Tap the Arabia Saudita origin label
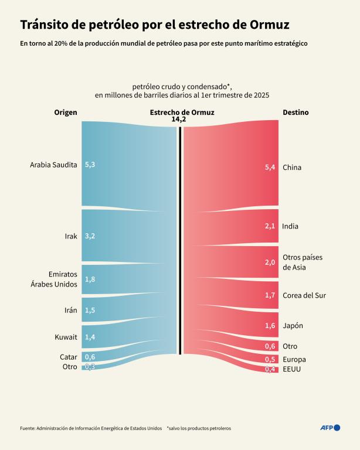[x=53, y=165]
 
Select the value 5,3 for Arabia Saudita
[x=90, y=165]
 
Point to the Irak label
[x=71, y=236]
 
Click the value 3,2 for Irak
[x=90, y=236]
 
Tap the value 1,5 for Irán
[x=90, y=310]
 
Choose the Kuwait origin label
[x=65, y=337]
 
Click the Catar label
[x=69, y=357]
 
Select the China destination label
[x=292, y=168]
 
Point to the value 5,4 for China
[x=270, y=168]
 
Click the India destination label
[x=291, y=226]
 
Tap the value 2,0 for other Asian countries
[x=270, y=262]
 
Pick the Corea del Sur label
[x=304, y=295]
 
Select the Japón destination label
[x=293, y=326]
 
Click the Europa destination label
[x=294, y=359]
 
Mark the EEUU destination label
[x=292, y=370]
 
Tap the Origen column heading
[x=66, y=112]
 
